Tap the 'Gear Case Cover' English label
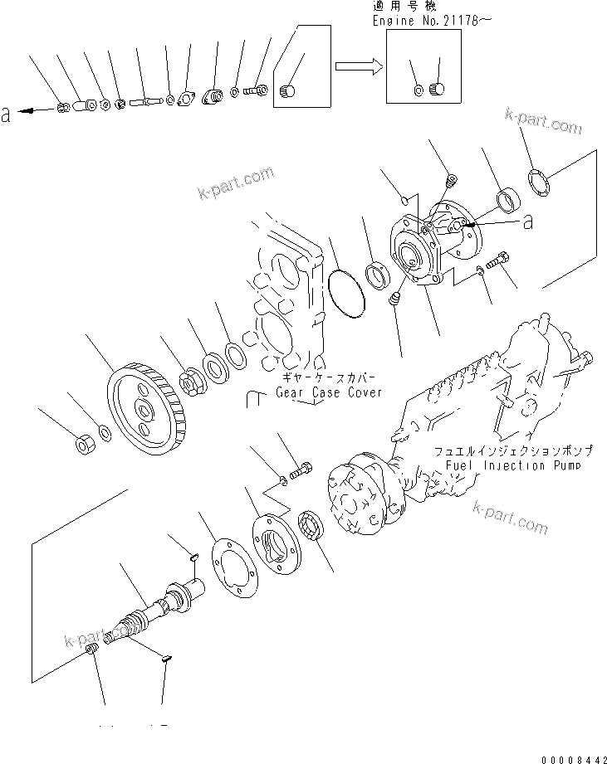click(329, 392)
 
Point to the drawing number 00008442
click(570, 752)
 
